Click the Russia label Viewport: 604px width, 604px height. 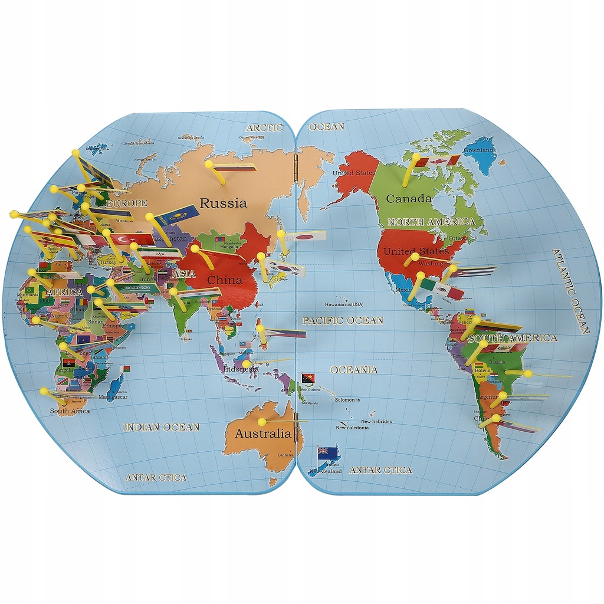(x=223, y=203)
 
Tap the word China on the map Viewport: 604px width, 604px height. (x=225, y=280)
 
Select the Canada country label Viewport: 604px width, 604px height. (x=409, y=199)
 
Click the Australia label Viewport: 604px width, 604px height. (x=263, y=434)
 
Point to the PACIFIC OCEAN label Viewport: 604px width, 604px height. (x=343, y=320)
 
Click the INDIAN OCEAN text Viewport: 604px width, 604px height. (x=161, y=426)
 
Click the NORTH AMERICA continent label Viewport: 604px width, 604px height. (x=431, y=222)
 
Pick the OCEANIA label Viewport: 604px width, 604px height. (x=353, y=370)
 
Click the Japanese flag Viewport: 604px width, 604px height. (x=305, y=237)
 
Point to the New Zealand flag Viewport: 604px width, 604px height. (x=327, y=453)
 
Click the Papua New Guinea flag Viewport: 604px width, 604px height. (x=308, y=378)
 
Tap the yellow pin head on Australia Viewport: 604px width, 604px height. (x=260, y=422)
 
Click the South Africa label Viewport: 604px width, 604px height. (x=70, y=411)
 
